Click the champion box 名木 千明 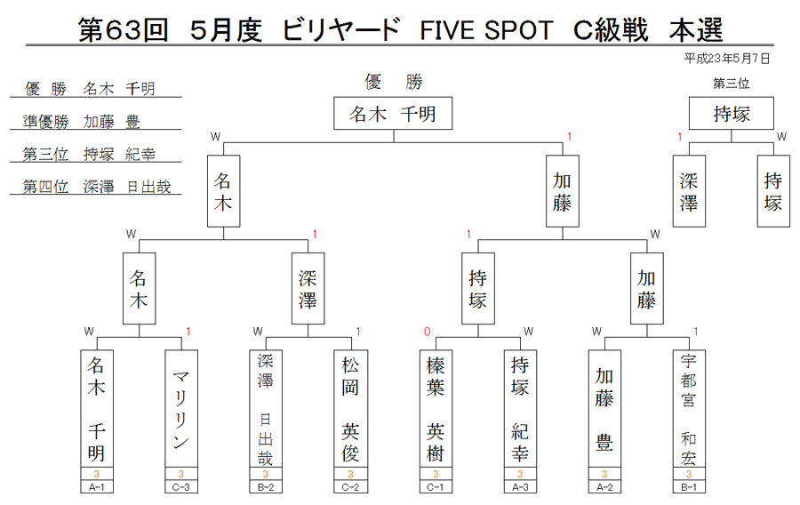click(x=393, y=113)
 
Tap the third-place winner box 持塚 click(x=732, y=113)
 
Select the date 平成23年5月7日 click(x=727, y=59)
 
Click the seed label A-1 click(x=96, y=487)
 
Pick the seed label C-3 click(x=181, y=487)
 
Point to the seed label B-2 click(x=265, y=487)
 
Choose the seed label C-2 click(x=350, y=487)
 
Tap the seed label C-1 click(x=436, y=487)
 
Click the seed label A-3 click(x=520, y=487)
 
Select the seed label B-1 click(x=689, y=487)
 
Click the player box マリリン click(x=181, y=409)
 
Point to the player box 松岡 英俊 click(x=350, y=409)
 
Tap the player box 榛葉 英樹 click(x=436, y=409)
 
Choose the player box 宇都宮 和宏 click(x=689, y=409)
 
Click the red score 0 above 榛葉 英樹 click(x=427, y=333)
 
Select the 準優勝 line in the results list click(x=82, y=122)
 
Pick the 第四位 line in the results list click(x=96, y=187)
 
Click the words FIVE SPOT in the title click(x=486, y=30)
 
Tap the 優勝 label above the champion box click(x=394, y=82)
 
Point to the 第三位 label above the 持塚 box click(x=732, y=84)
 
